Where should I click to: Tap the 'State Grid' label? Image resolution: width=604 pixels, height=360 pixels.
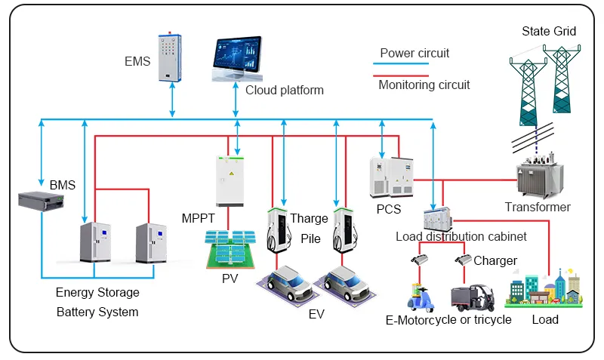click(549, 31)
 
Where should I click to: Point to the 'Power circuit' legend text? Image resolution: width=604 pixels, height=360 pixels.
click(414, 54)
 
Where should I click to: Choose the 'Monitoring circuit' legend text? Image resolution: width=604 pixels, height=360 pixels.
click(424, 85)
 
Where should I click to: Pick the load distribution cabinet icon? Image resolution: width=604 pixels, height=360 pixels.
click(436, 218)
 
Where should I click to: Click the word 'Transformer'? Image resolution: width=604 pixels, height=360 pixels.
click(538, 207)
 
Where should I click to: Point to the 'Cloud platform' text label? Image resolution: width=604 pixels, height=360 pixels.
click(285, 91)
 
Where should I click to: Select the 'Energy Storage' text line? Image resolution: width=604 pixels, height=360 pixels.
click(97, 292)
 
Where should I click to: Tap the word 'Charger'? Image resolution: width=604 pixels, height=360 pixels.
click(495, 261)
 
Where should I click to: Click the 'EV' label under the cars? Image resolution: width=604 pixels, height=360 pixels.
click(316, 314)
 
